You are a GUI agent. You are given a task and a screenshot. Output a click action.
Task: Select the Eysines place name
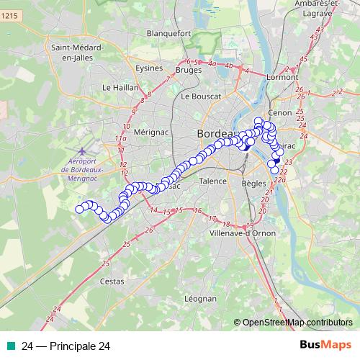click(x=149, y=68)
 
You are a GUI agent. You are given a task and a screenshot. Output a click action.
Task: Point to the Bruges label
click(x=189, y=71)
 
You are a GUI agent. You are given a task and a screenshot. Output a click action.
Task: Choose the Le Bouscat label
click(x=199, y=96)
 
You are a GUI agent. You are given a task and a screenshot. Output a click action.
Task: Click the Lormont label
click(x=282, y=76)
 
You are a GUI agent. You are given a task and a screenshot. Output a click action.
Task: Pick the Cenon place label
click(x=279, y=113)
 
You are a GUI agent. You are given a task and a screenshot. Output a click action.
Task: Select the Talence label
click(x=213, y=181)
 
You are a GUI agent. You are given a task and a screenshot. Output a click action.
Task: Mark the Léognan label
click(x=201, y=298)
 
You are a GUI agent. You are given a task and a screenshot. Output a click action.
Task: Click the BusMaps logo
click(x=325, y=346)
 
